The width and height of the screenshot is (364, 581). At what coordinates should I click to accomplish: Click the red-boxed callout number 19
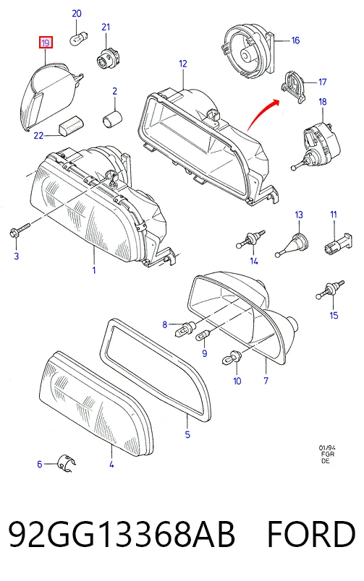click(46, 43)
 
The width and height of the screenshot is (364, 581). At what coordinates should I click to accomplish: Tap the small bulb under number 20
click(79, 38)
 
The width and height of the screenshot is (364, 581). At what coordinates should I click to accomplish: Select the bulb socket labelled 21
click(106, 59)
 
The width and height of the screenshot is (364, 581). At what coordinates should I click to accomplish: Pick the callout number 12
click(183, 64)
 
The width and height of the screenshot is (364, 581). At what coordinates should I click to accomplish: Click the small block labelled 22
click(71, 125)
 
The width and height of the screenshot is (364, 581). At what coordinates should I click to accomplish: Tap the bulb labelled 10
click(232, 357)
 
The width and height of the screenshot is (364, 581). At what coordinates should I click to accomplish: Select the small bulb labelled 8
click(185, 328)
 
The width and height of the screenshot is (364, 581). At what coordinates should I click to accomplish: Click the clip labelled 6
click(67, 463)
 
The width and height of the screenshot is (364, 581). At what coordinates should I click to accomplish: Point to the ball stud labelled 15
click(330, 290)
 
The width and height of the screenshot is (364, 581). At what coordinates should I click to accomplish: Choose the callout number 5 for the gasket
click(187, 434)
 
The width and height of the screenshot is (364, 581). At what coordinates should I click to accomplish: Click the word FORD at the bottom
click(311, 534)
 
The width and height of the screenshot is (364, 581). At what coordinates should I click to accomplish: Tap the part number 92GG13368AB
click(122, 534)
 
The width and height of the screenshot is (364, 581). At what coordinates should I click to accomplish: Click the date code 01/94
click(326, 447)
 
